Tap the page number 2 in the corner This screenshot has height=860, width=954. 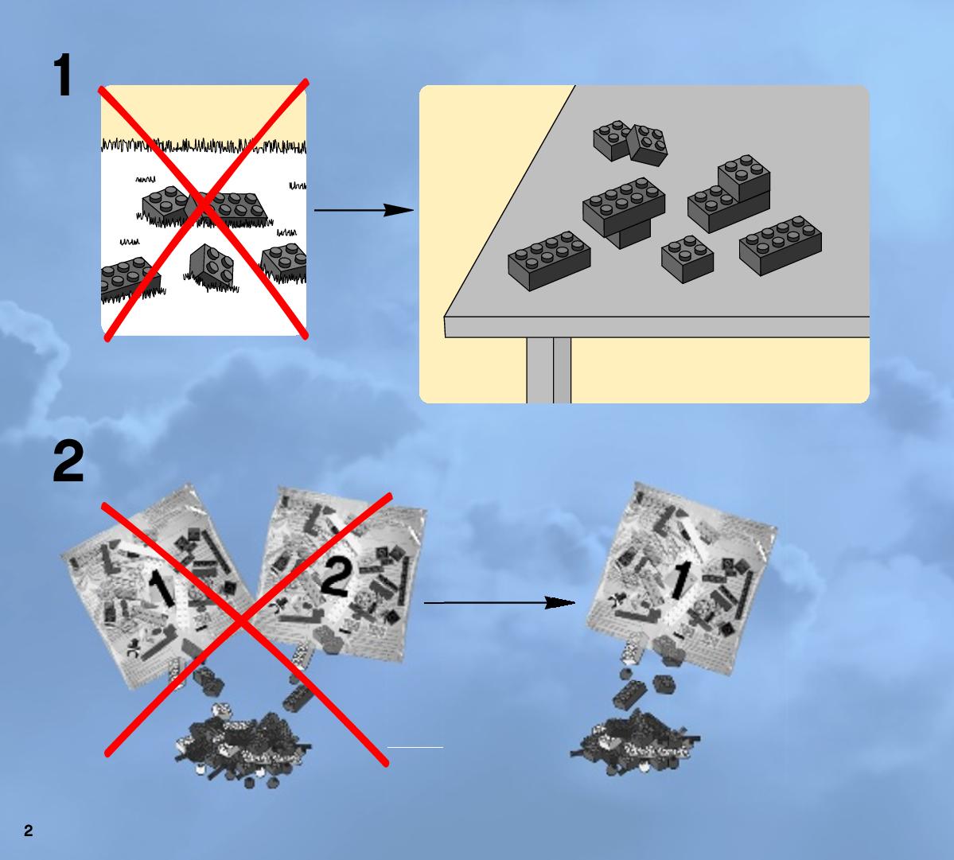28,831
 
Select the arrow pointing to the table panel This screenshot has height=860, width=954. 364,210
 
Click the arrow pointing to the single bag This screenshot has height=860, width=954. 500,603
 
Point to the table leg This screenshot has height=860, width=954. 549,370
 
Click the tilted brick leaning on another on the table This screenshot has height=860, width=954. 648,145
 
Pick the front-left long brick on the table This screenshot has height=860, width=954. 549,260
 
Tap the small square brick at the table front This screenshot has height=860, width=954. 687,259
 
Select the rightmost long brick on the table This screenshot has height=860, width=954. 781,245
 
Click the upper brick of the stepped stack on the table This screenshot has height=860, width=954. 744,177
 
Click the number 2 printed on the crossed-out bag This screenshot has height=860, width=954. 335,578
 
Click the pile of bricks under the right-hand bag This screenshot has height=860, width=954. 635,742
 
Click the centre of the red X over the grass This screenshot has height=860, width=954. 204,208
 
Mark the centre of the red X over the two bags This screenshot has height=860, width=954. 243,621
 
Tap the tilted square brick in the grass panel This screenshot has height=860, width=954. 211,266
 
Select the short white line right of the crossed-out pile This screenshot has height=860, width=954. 415,747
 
